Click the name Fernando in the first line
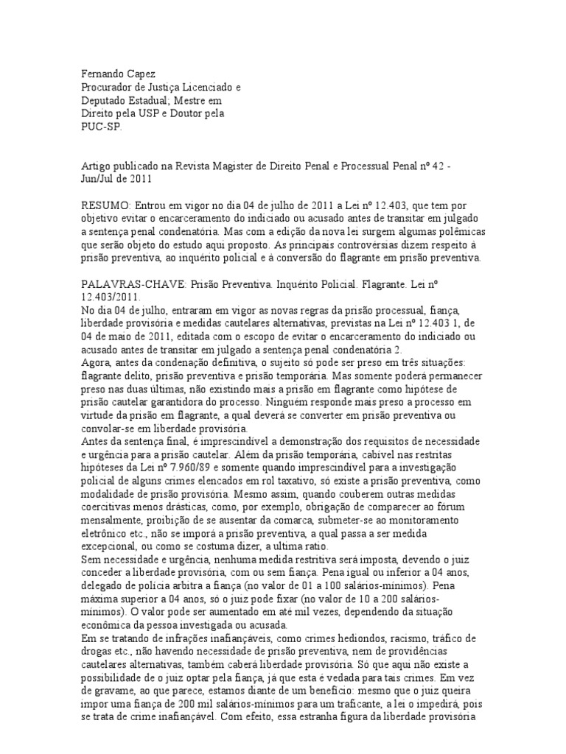coord(102,75)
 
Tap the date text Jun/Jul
coord(98,180)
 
